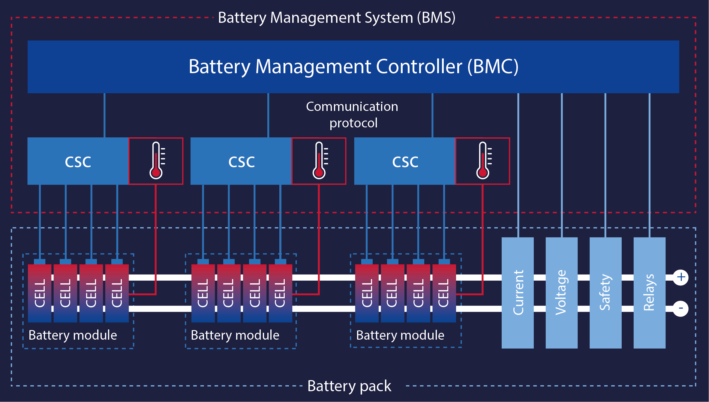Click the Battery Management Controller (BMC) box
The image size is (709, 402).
coord(353,67)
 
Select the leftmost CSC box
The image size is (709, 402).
coord(78,161)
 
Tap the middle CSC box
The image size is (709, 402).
coord(241,161)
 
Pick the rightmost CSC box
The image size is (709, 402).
coord(405,161)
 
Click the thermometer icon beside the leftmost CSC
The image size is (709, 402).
coord(156,161)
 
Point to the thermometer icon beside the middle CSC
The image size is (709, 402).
coord(319,161)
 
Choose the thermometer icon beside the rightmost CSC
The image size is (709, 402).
coord(482,161)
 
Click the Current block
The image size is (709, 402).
coord(518,293)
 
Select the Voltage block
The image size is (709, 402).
coord(561,293)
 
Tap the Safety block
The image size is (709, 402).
coord(605,293)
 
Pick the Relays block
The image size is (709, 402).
coord(649,293)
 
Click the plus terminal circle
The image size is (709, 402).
coord(680,277)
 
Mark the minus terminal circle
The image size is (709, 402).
coord(680,308)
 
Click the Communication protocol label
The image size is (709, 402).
coord(352,115)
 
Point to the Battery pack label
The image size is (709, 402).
coord(349,386)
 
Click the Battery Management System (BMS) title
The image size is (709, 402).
coord(337,17)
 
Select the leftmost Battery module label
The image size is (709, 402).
coord(73,335)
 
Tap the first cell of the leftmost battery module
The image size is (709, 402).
coord(40,293)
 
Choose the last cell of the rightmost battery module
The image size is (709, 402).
coord(444,293)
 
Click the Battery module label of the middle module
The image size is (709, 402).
coord(235,335)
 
